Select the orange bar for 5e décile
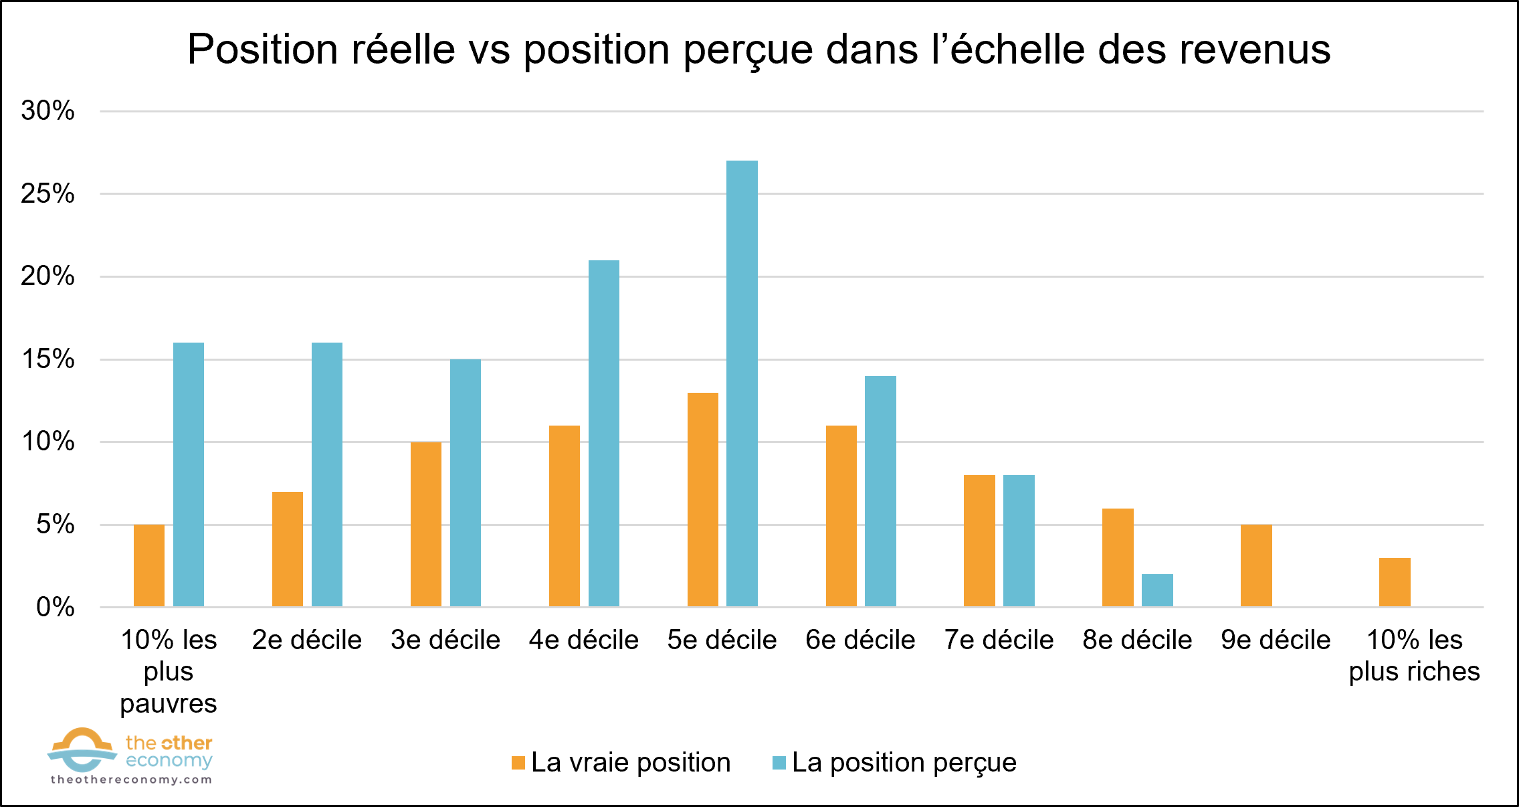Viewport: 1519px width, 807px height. tap(702, 500)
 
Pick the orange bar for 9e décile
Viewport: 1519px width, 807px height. tap(1256, 566)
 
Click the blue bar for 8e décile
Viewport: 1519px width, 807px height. tap(1157, 590)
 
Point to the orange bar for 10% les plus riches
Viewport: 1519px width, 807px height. tap(1395, 582)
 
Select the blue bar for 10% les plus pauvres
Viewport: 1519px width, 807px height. tap(189, 475)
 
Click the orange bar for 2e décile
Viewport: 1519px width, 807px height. tap(288, 549)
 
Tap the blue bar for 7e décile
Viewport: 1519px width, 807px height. tap(1019, 541)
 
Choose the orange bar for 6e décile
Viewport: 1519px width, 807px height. tap(841, 516)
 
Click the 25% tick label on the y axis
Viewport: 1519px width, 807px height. tap(47, 194)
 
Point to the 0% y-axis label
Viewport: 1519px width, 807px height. tap(55, 608)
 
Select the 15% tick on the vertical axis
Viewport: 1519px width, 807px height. tap(47, 359)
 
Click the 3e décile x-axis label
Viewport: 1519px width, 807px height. tap(445, 640)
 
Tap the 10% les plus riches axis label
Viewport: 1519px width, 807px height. tap(1414, 656)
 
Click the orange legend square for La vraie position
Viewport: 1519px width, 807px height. tap(518, 763)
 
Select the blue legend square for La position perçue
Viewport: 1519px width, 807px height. tap(779, 763)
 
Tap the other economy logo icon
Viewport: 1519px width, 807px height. tap(82, 749)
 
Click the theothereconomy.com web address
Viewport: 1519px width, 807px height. tap(131, 780)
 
